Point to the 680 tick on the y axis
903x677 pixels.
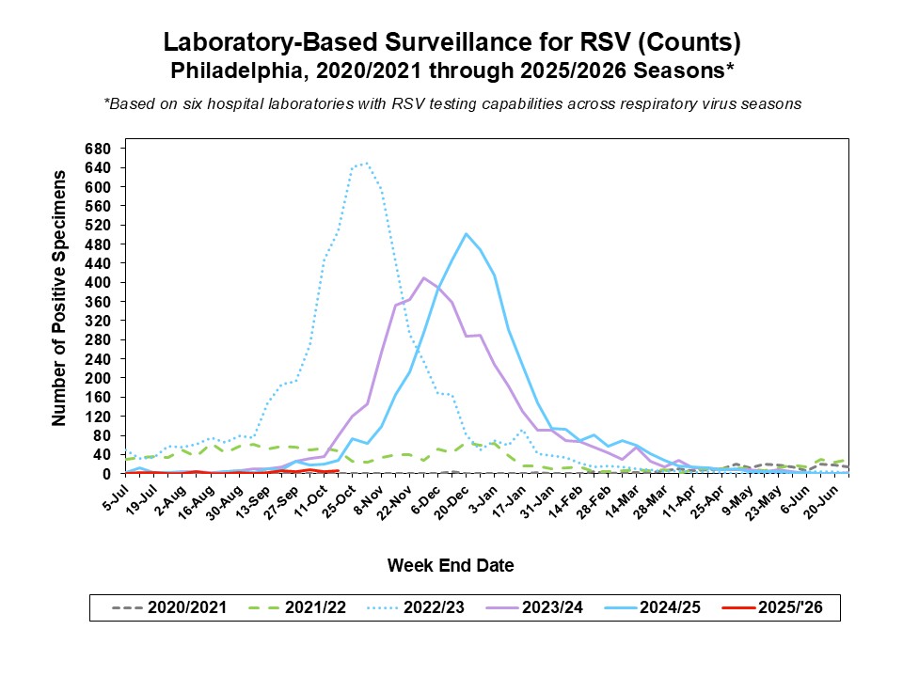99,149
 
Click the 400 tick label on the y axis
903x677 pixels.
99,282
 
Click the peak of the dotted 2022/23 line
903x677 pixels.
366,163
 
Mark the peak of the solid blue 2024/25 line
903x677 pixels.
466,234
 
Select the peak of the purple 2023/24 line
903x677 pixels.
424,277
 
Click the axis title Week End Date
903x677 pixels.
451,565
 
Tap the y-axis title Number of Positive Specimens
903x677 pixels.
59,298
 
